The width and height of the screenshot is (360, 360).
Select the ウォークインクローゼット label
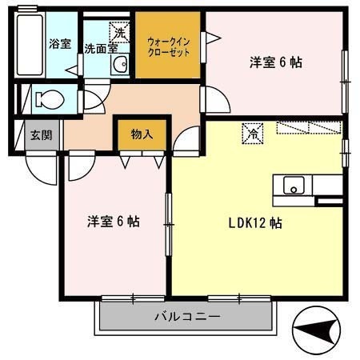tap(167, 45)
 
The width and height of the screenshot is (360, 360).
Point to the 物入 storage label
tap(142, 134)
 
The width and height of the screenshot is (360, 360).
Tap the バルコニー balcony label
tap(186, 318)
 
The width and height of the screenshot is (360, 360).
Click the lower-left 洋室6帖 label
tap(114, 222)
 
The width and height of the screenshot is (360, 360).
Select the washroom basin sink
tap(120, 64)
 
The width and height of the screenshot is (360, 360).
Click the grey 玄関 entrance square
tap(42, 134)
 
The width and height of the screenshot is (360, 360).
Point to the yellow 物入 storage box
tap(142, 134)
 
